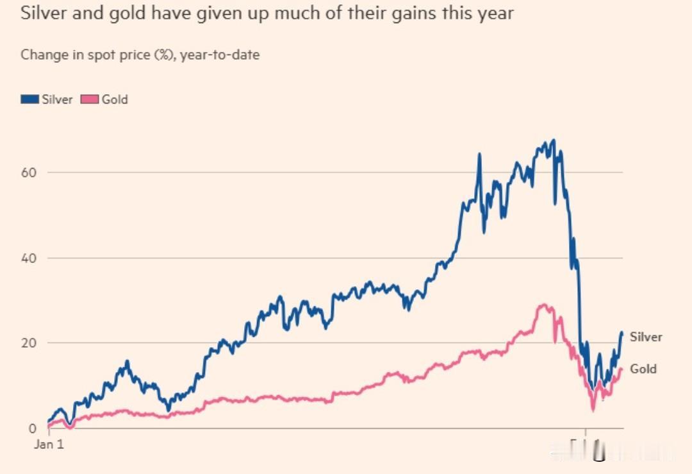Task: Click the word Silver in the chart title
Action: (45, 13)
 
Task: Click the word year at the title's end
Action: (494, 14)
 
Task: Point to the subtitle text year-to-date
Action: (220, 55)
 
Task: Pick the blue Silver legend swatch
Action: (30, 99)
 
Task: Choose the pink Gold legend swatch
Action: (90, 99)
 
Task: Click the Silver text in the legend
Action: (57, 99)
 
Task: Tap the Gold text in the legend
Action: (115, 99)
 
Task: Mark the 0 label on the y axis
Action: (33, 428)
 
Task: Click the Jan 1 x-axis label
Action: (49, 444)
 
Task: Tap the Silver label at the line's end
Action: (646, 337)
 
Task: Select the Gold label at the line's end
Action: (643, 369)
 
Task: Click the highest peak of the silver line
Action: (554, 140)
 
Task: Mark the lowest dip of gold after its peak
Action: (593, 410)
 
